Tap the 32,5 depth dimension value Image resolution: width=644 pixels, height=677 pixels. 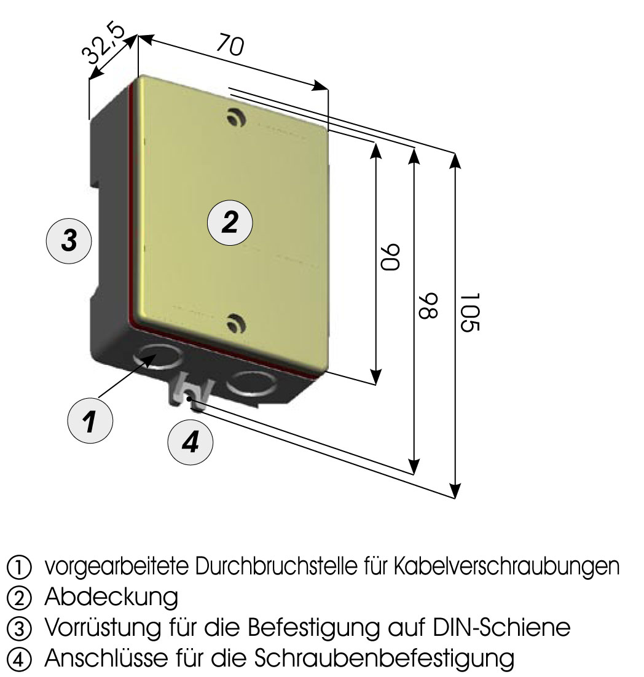104,44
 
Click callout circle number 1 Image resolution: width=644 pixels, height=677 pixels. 90,421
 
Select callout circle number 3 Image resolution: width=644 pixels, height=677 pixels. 69,240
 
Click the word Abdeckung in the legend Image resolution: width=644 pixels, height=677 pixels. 111,597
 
